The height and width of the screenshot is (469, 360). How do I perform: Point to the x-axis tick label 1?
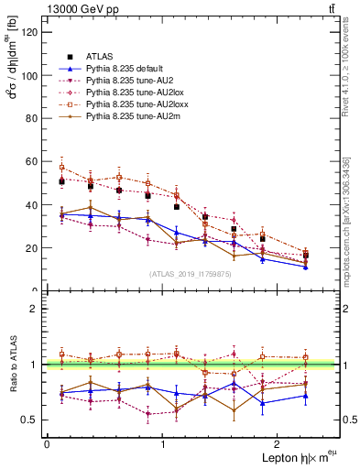coord(163,444)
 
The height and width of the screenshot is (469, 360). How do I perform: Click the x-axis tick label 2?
coord(279,444)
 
